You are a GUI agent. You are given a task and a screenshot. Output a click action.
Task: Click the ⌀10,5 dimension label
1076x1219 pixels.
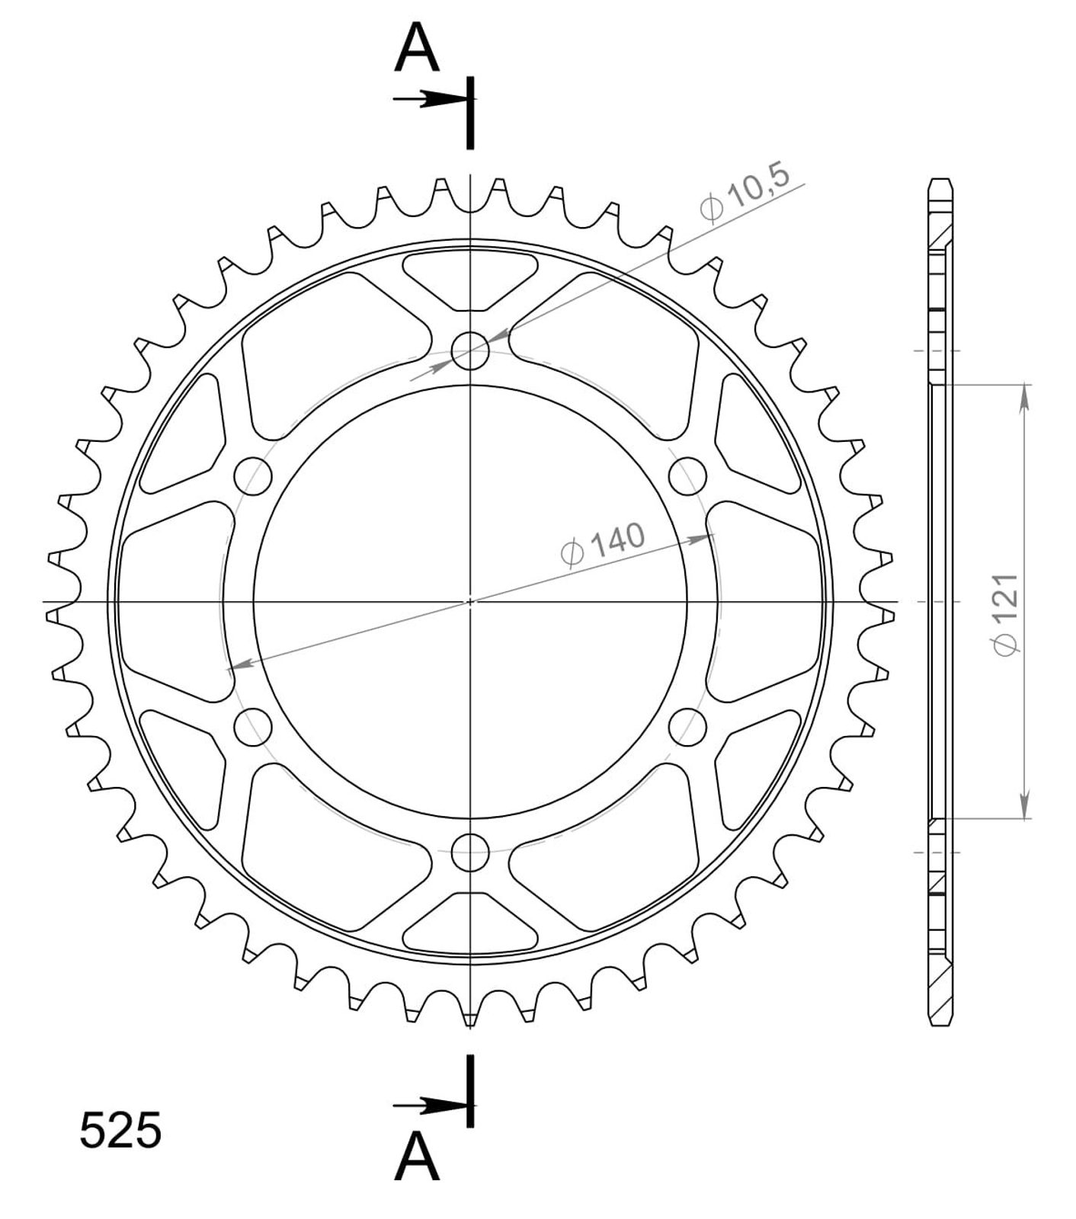(x=744, y=195)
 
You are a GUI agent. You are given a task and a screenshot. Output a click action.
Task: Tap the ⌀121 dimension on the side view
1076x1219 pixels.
(x=1006, y=613)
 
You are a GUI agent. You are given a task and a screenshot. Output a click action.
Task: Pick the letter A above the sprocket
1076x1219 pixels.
(x=417, y=49)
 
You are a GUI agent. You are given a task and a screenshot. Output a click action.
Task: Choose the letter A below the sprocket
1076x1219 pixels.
(x=417, y=1155)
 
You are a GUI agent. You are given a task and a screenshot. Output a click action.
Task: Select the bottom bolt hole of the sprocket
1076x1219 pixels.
(x=470, y=852)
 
